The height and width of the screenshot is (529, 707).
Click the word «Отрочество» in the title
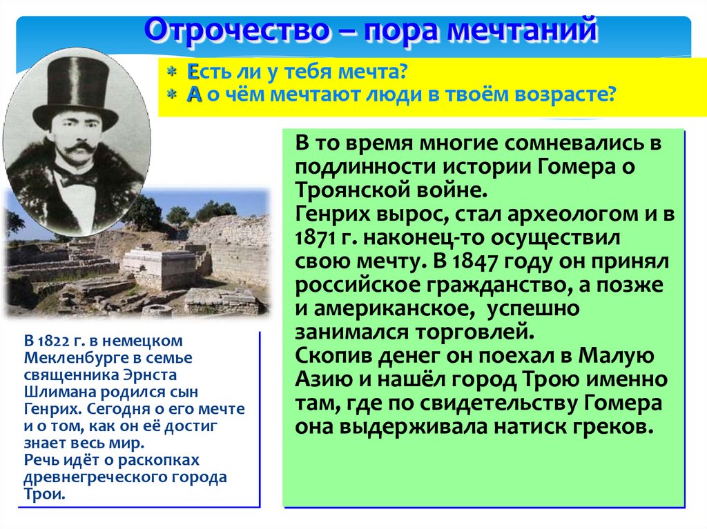coord(238,30)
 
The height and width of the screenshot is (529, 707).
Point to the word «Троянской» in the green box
coord(351,190)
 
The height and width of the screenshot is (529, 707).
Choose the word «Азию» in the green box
coord(324,379)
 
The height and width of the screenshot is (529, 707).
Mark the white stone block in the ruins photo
coord(154,268)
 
